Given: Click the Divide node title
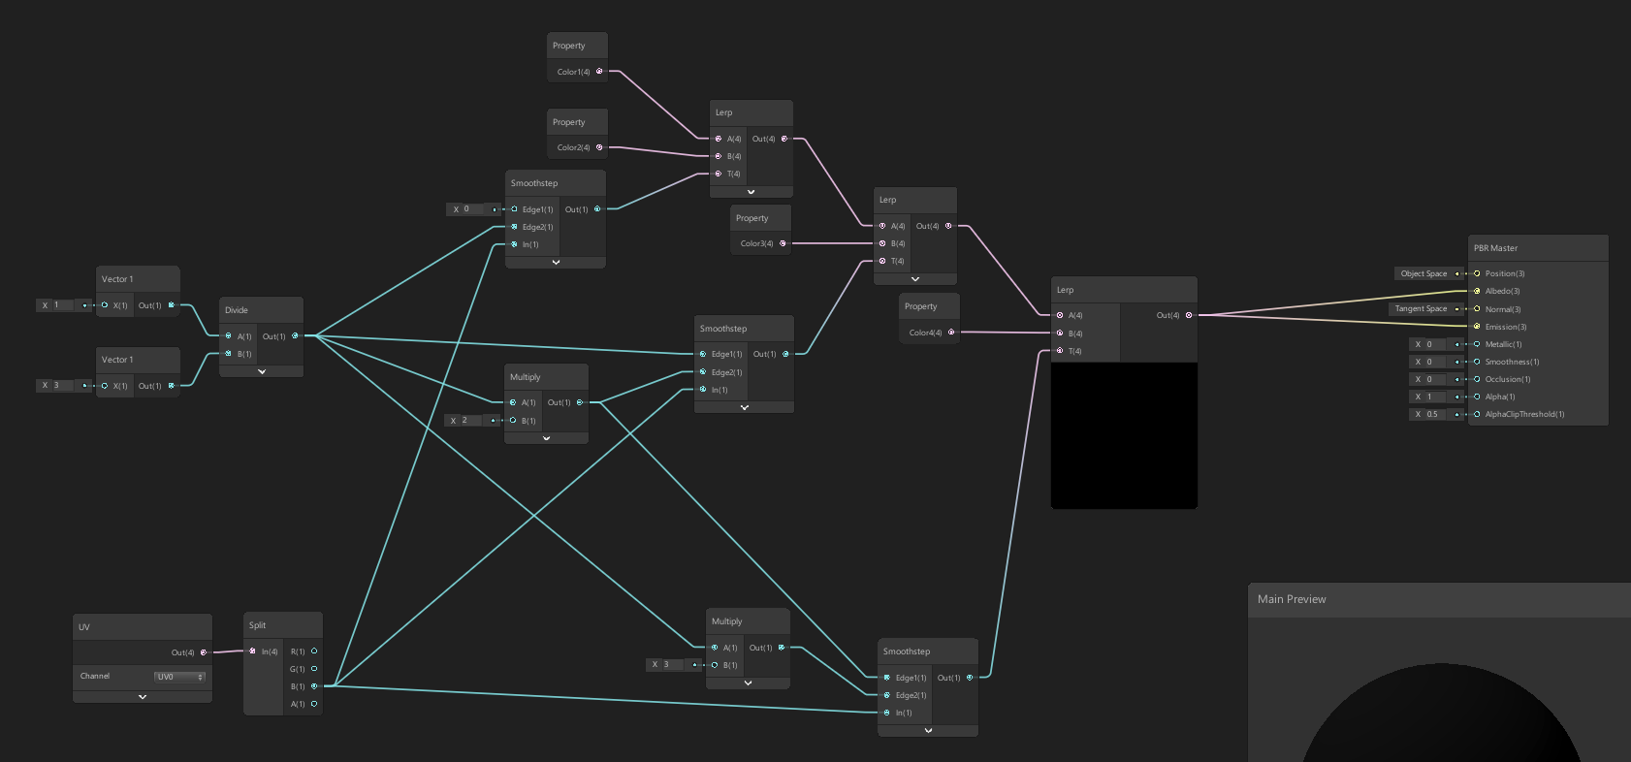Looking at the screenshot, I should click(x=237, y=310).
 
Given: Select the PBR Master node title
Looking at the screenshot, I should click(x=1495, y=248).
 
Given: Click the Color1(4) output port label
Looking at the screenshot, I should click(x=573, y=72).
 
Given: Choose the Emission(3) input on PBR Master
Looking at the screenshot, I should click(x=1505, y=327).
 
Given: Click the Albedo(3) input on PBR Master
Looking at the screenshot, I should click(x=1502, y=291).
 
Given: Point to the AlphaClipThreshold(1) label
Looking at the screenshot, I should click(x=1524, y=414).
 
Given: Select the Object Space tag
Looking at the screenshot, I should click(x=1423, y=273).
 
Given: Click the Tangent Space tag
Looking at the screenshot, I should click(x=1421, y=308).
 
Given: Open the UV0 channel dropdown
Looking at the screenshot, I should click(x=179, y=677).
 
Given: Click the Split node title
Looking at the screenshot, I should click(x=257, y=625).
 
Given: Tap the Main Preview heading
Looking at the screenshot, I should click(x=1292, y=599).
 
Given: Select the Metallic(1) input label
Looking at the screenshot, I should click(x=1503, y=344).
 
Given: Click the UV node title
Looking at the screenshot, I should click(x=84, y=627).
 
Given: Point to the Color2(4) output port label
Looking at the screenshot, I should click(x=573, y=147).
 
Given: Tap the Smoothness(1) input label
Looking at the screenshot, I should click(x=1512, y=362).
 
